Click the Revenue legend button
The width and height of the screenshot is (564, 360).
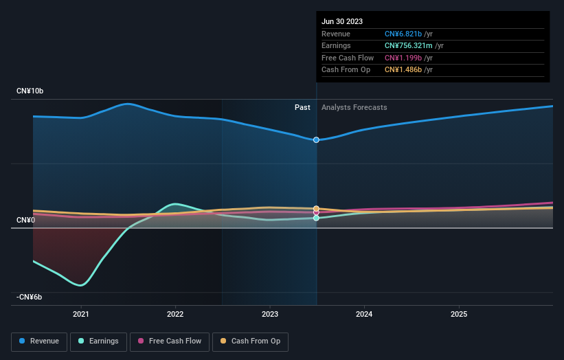[40, 341]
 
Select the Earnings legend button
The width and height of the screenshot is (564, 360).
[99, 341]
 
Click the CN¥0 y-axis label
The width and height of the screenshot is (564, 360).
[25, 220]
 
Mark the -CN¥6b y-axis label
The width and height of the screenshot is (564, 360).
[30, 297]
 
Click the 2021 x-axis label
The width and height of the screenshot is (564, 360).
[81, 315]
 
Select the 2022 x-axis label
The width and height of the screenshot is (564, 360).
[175, 315]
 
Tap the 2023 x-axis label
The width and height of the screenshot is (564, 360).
[270, 315]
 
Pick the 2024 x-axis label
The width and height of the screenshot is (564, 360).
[364, 315]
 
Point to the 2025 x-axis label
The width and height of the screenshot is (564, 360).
[459, 315]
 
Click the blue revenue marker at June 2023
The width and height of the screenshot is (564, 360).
[317, 139]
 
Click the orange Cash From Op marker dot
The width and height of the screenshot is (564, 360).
[317, 208]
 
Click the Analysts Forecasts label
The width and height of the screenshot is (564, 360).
[354, 107]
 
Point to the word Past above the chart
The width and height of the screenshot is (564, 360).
[302, 107]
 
